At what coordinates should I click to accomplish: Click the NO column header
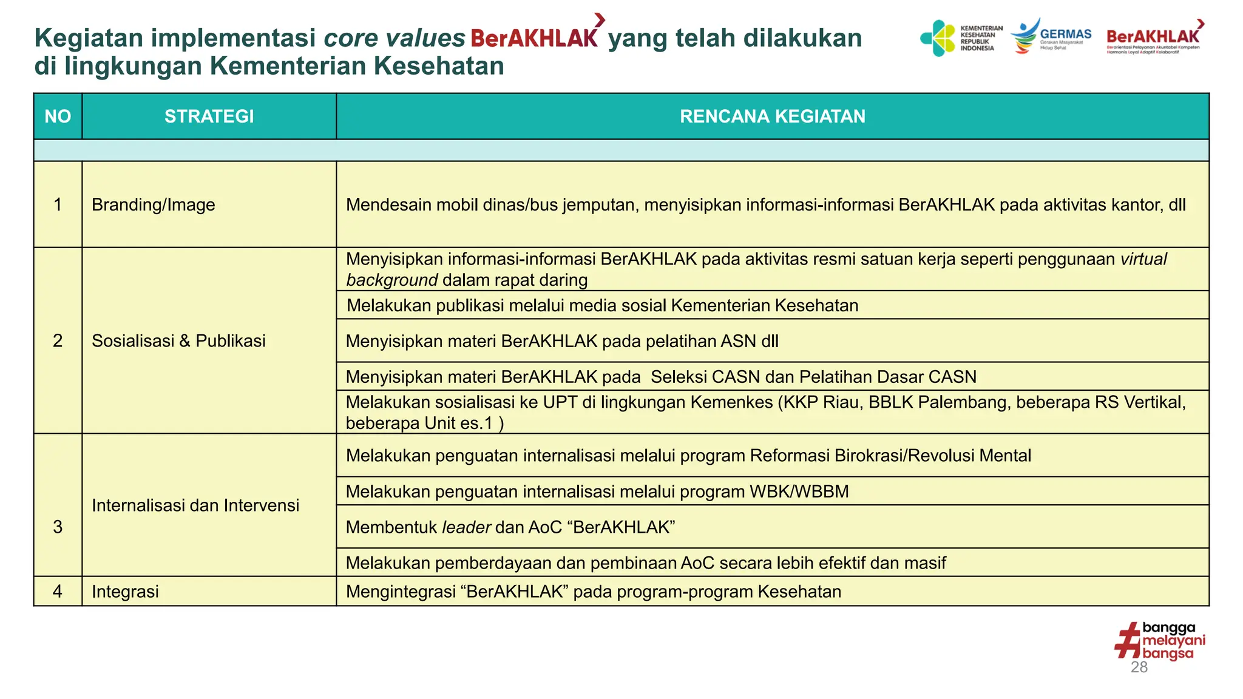pos(58,116)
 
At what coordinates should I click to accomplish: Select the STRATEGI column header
pos(209,116)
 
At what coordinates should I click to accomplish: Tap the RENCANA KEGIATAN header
pos(772,116)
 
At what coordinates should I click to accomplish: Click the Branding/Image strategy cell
pos(154,205)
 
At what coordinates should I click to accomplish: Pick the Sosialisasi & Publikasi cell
pos(178,341)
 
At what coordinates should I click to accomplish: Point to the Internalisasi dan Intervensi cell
pos(195,505)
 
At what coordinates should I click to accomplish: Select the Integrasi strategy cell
pos(125,592)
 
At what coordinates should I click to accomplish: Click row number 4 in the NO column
pos(58,592)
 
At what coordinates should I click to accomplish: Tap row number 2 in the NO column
pos(58,341)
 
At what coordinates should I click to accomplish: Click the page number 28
pos(1139,667)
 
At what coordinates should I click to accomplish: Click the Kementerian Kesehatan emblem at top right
pos(938,38)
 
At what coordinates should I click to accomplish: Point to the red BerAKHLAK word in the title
pos(534,38)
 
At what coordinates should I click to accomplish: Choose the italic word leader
pos(466,527)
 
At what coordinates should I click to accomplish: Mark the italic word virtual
pos(1143,260)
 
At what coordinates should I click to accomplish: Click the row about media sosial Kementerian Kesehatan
pos(602,306)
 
